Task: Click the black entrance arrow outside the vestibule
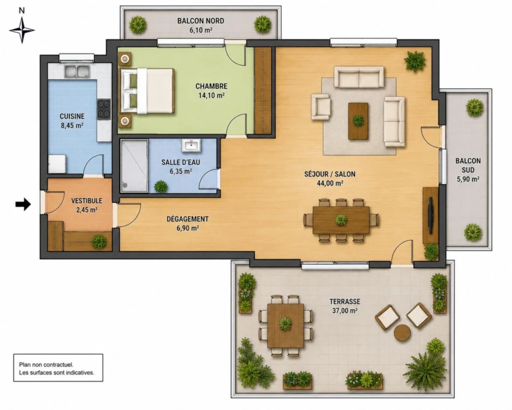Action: pos(23,204)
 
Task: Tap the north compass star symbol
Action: pos(22,30)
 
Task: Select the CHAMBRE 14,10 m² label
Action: pos(211,91)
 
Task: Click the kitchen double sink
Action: pos(77,72)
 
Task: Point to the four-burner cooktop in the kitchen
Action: pos(104,108)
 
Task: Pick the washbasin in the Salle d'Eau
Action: pos(191,145)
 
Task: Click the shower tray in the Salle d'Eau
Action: pos(134,166)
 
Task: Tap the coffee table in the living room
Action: pos(358,121)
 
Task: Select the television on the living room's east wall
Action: pos(431,215)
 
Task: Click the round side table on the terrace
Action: pos(402,333)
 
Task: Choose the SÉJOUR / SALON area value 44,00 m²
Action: pos(330,183)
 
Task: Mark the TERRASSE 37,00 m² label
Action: pos(345,306)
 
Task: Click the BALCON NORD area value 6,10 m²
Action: pos(201,30)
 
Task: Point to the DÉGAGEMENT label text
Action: pos(187,219)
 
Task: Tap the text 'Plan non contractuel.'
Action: pos(46,364)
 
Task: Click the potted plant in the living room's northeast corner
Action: pos(415,61)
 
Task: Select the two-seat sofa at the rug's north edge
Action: pos(359,77)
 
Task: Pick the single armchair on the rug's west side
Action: pos(321,107)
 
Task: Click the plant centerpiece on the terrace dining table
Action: pos(285,324)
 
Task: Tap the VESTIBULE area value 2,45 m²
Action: pos(87,210)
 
